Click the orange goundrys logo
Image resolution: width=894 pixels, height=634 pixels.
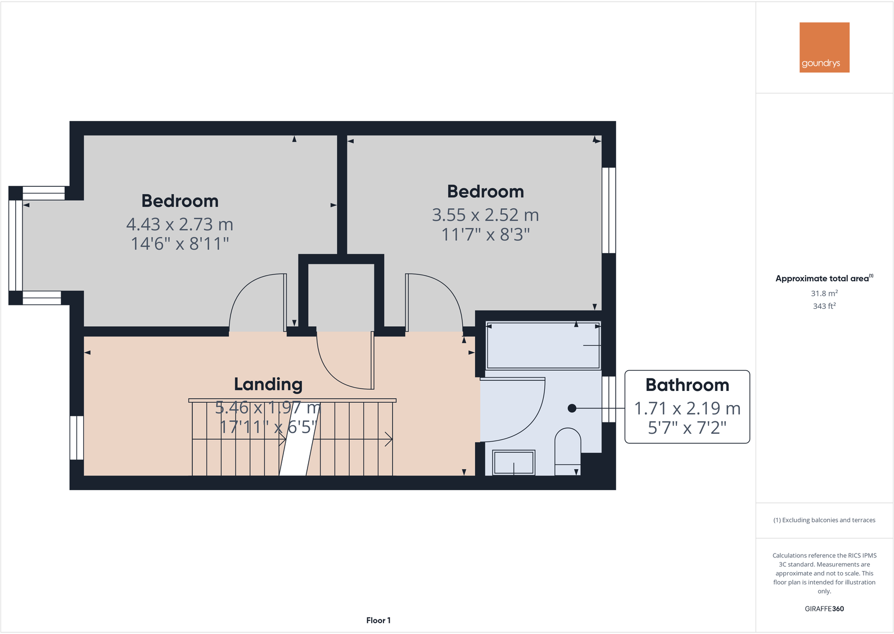824,47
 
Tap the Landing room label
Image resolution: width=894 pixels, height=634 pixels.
268,384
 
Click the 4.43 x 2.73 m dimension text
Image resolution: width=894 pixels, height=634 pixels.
179,224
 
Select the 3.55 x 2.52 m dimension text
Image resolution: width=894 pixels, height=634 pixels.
485,215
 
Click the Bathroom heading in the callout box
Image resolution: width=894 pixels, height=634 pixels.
687,385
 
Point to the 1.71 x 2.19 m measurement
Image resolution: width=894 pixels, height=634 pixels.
687,408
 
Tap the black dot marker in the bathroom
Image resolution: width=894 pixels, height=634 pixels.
572,408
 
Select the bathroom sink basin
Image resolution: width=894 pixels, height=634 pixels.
513,462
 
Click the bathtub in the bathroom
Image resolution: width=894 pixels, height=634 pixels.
543,345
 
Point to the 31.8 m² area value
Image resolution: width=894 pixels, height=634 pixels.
824,294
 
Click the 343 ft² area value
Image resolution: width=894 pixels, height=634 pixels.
824,306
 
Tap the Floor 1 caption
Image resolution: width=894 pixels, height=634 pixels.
378,620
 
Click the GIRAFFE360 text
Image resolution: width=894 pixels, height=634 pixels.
824,609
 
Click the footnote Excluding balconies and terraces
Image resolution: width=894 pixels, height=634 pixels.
824,520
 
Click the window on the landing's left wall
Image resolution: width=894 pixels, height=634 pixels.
76,438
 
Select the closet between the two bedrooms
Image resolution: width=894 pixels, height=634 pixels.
341,295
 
